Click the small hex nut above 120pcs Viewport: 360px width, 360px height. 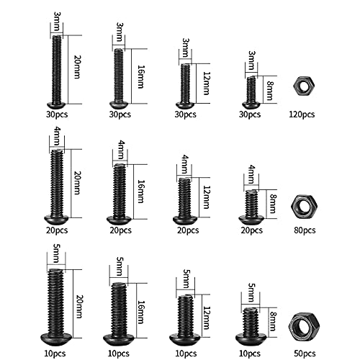click(302, 86)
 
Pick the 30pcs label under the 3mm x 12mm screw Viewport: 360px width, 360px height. click(185, 114)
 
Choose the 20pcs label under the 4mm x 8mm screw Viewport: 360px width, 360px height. click(252, 231)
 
